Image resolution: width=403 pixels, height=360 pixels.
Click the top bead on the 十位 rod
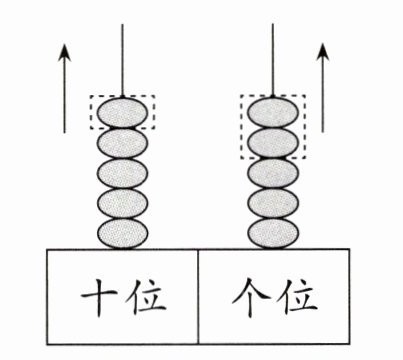click(122, 112)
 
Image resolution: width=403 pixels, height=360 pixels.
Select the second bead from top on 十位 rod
click(122, 143)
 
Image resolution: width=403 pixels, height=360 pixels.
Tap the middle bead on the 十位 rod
click(122, 173)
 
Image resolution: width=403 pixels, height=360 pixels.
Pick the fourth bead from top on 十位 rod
click(122, 203)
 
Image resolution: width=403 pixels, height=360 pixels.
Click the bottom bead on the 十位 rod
click(122, 233)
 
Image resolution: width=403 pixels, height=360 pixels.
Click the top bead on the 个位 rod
click(273, 112)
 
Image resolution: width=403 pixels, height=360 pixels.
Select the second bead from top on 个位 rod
click(273, 143)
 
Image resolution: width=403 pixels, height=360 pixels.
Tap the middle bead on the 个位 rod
click(273, 173)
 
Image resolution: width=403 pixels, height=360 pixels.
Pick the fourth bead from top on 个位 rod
click(273, 203)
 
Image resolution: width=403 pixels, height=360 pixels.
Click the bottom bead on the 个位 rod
click(273, 233)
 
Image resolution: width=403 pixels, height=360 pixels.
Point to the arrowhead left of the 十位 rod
click(65, 52)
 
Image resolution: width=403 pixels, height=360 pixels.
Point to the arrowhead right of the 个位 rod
click(323, 52)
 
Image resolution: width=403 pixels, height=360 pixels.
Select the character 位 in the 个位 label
click(298, 297)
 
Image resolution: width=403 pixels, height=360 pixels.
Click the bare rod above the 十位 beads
click(122, 60)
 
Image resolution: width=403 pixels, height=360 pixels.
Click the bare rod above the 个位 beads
click(273, 60)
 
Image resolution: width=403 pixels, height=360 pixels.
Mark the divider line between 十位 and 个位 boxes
click(198, 296)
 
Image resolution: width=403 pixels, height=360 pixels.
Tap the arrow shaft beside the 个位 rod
click(323, 97)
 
